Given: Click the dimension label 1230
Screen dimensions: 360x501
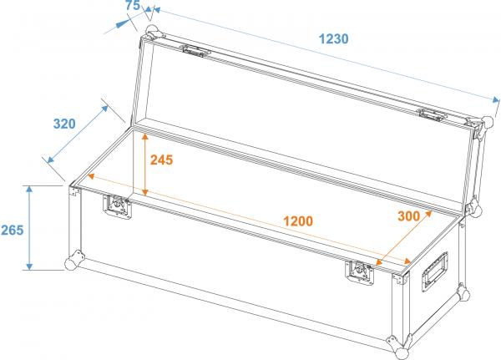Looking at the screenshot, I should tap(333, 38).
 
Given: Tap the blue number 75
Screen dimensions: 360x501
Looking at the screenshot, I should tap(132, 6).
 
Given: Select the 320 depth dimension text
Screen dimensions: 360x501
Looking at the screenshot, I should tap(63, 124).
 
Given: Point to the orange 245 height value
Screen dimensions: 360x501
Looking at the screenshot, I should tap(160, 160).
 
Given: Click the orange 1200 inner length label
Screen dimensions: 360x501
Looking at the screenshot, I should tap(297, 221).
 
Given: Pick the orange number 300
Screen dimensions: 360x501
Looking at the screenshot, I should tap(408, 215).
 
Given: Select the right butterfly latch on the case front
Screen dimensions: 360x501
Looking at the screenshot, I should tap(362, 271).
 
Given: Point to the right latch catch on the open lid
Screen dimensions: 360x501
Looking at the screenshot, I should tap(433, 114).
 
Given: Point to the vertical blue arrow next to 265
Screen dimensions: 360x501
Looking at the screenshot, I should tap(31, 227).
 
